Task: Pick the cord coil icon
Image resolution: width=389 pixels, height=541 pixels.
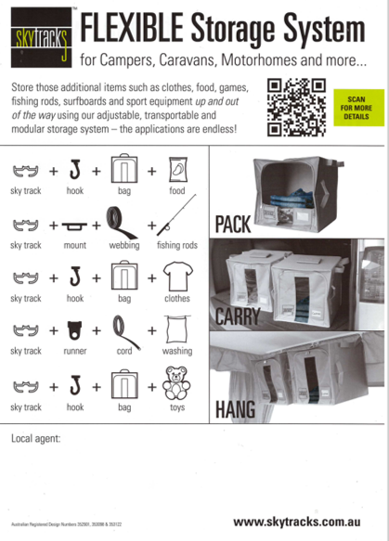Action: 125,329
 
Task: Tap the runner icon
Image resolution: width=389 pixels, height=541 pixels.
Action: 75,330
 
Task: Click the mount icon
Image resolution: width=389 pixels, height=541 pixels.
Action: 75,225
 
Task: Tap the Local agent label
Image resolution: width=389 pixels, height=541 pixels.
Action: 34,436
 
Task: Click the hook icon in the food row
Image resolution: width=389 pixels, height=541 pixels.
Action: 75,171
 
